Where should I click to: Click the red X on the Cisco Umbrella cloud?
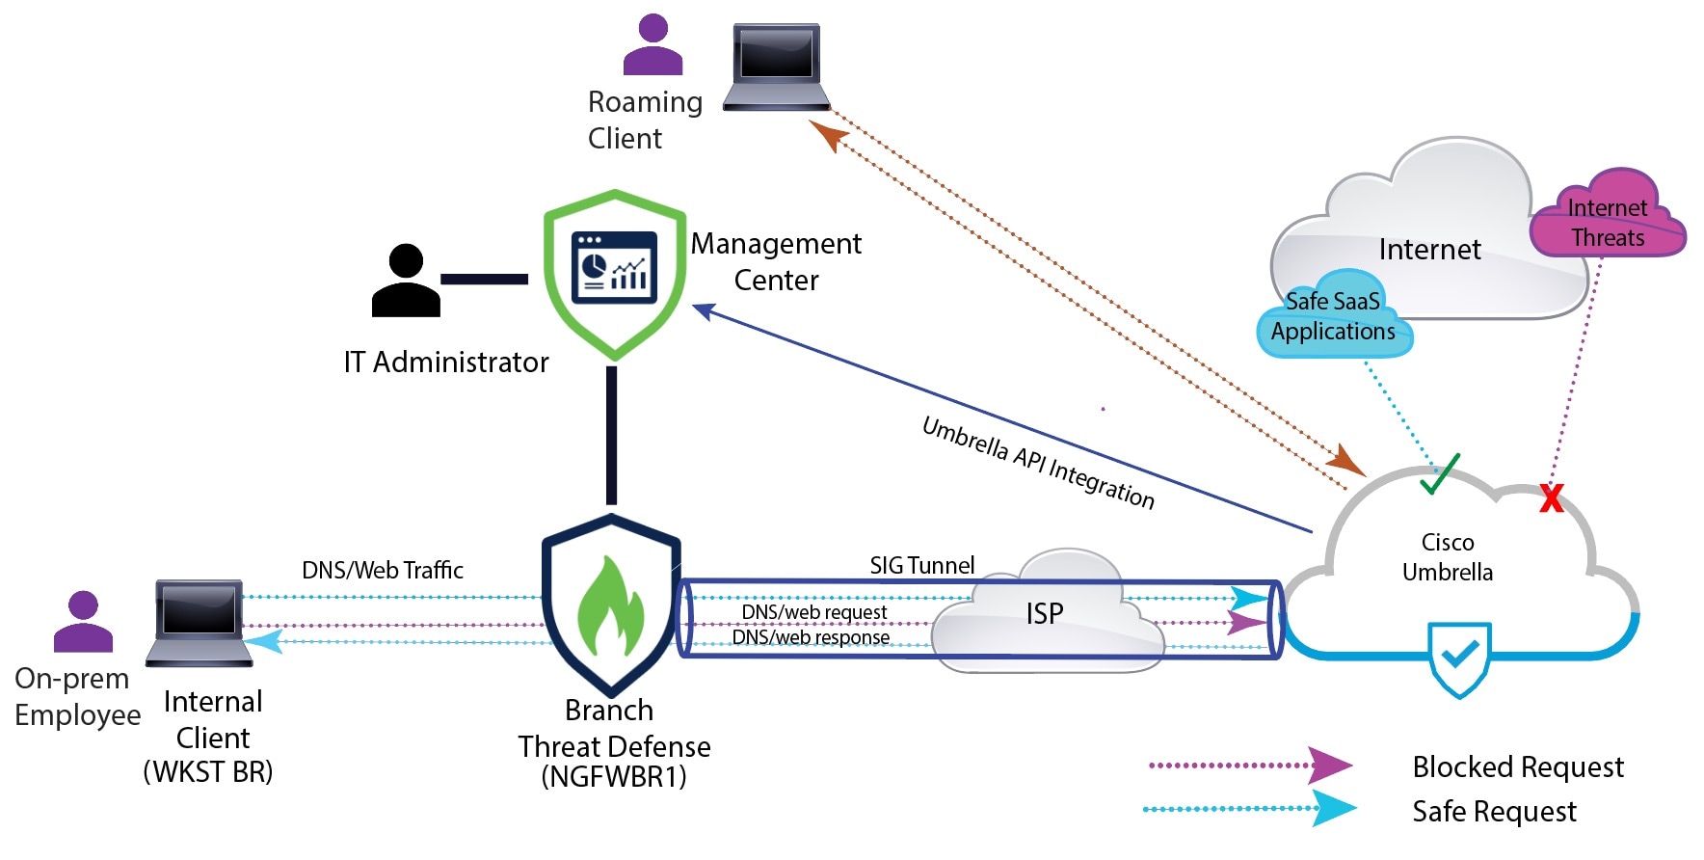[1551, 497]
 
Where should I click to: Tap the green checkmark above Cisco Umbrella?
[1439, 473]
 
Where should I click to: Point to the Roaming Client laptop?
[776, 67]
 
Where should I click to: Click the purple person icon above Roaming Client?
[652, 44]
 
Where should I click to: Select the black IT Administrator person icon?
[406, 281]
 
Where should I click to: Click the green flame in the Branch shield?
[610, 606]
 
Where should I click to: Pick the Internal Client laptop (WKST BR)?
[200, 622]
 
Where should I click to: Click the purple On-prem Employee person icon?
[83, 622]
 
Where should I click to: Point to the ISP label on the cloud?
[1044, 613]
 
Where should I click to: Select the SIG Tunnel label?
[921, 565]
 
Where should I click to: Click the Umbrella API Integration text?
[1038, 463]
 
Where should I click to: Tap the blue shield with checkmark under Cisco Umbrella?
[1459, 658]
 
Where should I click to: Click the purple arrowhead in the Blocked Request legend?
[1329, 766]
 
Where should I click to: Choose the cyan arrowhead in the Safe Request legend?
[1333, 808]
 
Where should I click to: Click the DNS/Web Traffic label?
[382, 570]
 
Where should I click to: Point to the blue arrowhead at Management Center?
[704, 310]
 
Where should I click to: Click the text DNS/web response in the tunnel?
[811, 637]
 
